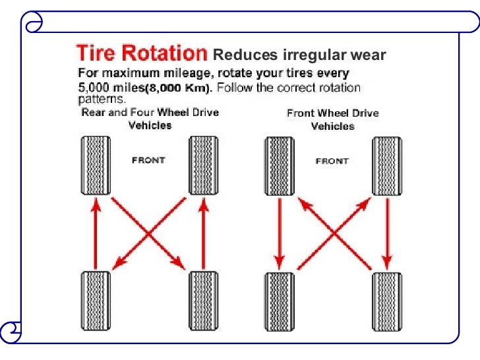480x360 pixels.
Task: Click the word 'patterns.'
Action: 102,100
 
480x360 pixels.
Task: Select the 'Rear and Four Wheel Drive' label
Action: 150,112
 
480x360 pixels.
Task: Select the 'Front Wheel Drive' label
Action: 332,113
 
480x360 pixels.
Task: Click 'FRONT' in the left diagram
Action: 150,160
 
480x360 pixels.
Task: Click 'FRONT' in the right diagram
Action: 332,161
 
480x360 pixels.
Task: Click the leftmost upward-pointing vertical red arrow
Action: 96,234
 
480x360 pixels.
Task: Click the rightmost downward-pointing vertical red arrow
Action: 388,231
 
